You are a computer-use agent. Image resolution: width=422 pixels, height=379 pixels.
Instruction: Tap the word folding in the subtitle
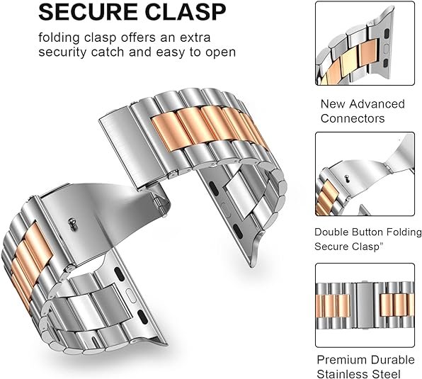pos(59,38)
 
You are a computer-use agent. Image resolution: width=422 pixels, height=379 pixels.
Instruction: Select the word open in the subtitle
pos(221,53)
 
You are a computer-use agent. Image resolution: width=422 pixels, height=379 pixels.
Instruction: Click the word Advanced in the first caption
pos(377,104)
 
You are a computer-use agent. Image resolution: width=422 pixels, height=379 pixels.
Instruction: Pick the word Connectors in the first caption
pos(353,118)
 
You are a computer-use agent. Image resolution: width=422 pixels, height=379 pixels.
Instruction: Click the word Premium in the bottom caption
pos(341,360)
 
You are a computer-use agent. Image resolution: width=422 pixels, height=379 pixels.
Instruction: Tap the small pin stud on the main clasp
pos(72,223)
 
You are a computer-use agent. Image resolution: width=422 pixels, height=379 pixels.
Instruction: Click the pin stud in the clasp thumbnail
pos(348,177)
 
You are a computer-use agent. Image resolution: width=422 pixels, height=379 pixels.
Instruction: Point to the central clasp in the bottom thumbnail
pos(365,305)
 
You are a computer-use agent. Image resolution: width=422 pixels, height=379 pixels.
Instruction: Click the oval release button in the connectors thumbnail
pos(386,48)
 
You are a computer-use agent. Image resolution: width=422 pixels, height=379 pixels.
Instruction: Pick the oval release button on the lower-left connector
pos(130,294)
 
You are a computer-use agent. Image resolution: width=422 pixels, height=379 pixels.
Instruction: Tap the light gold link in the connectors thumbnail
pos(350,64)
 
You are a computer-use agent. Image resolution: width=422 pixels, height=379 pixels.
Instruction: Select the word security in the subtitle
pos(62,52)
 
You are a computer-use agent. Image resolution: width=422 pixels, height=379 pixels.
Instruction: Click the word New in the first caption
pos(333,104)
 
